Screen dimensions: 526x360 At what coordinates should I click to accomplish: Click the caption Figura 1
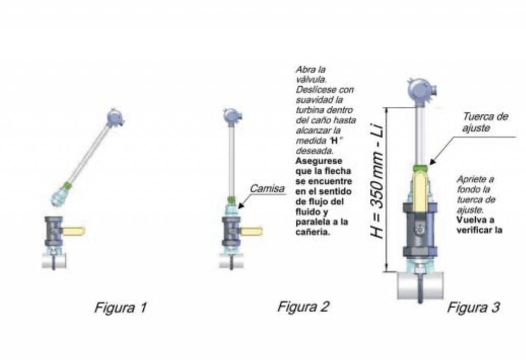[x=120, y=307]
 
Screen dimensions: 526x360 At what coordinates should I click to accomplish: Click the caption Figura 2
[x=303, y=306]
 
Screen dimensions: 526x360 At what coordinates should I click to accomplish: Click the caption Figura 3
[x=473, y=307]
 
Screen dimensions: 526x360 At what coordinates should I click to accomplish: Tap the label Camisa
[x=267, y=188]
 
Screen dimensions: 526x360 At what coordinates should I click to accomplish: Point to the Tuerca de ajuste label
[x=485, y=122]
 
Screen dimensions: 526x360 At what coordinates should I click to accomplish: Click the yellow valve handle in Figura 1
[x=74, y=231]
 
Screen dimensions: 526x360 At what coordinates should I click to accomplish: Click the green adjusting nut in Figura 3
[x=421, y=167]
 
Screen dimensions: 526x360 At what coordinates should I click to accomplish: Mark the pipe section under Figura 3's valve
[x=420, y=285]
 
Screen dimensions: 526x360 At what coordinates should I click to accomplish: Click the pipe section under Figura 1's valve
[x=53, y=261]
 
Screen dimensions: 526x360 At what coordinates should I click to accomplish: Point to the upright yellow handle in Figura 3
[x=420, y=191]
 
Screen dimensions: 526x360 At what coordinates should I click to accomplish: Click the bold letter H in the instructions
[x=334, y=141]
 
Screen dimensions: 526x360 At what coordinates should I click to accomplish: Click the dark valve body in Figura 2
[x=231, y=232]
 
